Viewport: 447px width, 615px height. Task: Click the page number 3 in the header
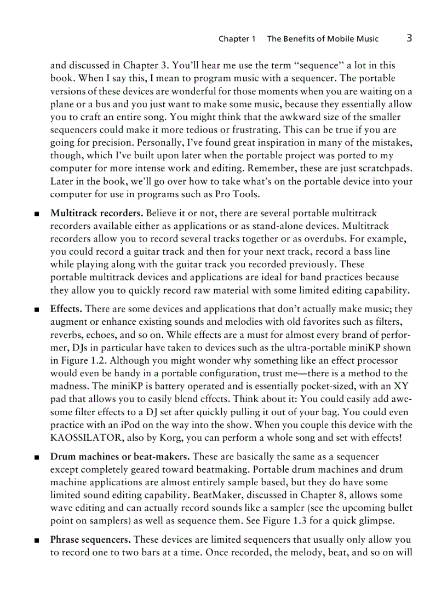[409, 38]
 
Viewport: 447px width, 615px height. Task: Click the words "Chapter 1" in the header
[237, 39]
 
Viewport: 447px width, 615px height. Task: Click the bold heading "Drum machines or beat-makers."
[120, 456]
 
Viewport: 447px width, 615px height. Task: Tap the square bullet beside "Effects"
[36, 310]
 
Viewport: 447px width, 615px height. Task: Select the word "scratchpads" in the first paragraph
[384, 168]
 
